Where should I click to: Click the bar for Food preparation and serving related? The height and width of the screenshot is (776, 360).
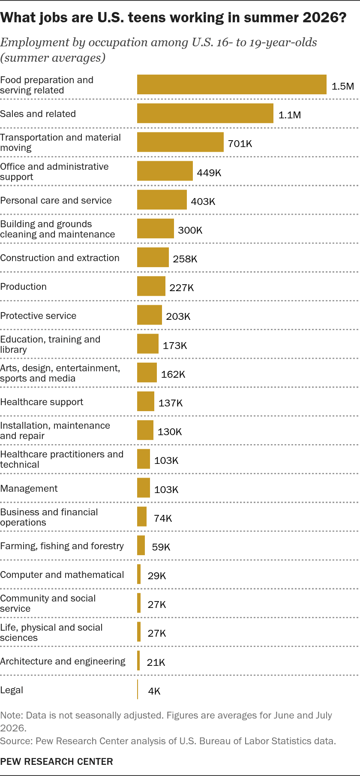[232, 84]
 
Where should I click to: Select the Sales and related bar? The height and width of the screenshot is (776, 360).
[205, 113]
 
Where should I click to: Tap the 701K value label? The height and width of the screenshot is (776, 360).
[240, 144]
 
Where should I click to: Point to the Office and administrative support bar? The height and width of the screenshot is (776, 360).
[165, 171]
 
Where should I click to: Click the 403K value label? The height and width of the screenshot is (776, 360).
[203, 202]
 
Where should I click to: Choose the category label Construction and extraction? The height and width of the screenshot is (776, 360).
[60, 258]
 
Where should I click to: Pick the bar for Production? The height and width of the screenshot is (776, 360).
[151, 286]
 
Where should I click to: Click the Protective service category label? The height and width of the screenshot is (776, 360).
[39, 316]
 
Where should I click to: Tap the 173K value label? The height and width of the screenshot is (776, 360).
[175, 346]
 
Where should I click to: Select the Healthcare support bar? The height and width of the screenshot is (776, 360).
[146, 401]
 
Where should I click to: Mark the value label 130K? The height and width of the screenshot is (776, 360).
[170, 432]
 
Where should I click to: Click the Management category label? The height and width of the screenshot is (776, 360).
[29, 488]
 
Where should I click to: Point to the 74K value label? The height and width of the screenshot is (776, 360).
[163, 518]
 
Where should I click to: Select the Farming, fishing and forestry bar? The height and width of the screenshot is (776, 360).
[141, 545]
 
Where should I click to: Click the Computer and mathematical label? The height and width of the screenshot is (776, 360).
[62, 574]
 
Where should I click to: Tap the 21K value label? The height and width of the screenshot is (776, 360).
[156, 662]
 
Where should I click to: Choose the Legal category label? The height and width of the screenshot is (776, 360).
[12, 690]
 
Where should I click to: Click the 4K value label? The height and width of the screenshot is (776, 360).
[154, 691]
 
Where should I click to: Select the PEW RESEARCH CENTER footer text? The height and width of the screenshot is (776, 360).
[57, 761]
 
